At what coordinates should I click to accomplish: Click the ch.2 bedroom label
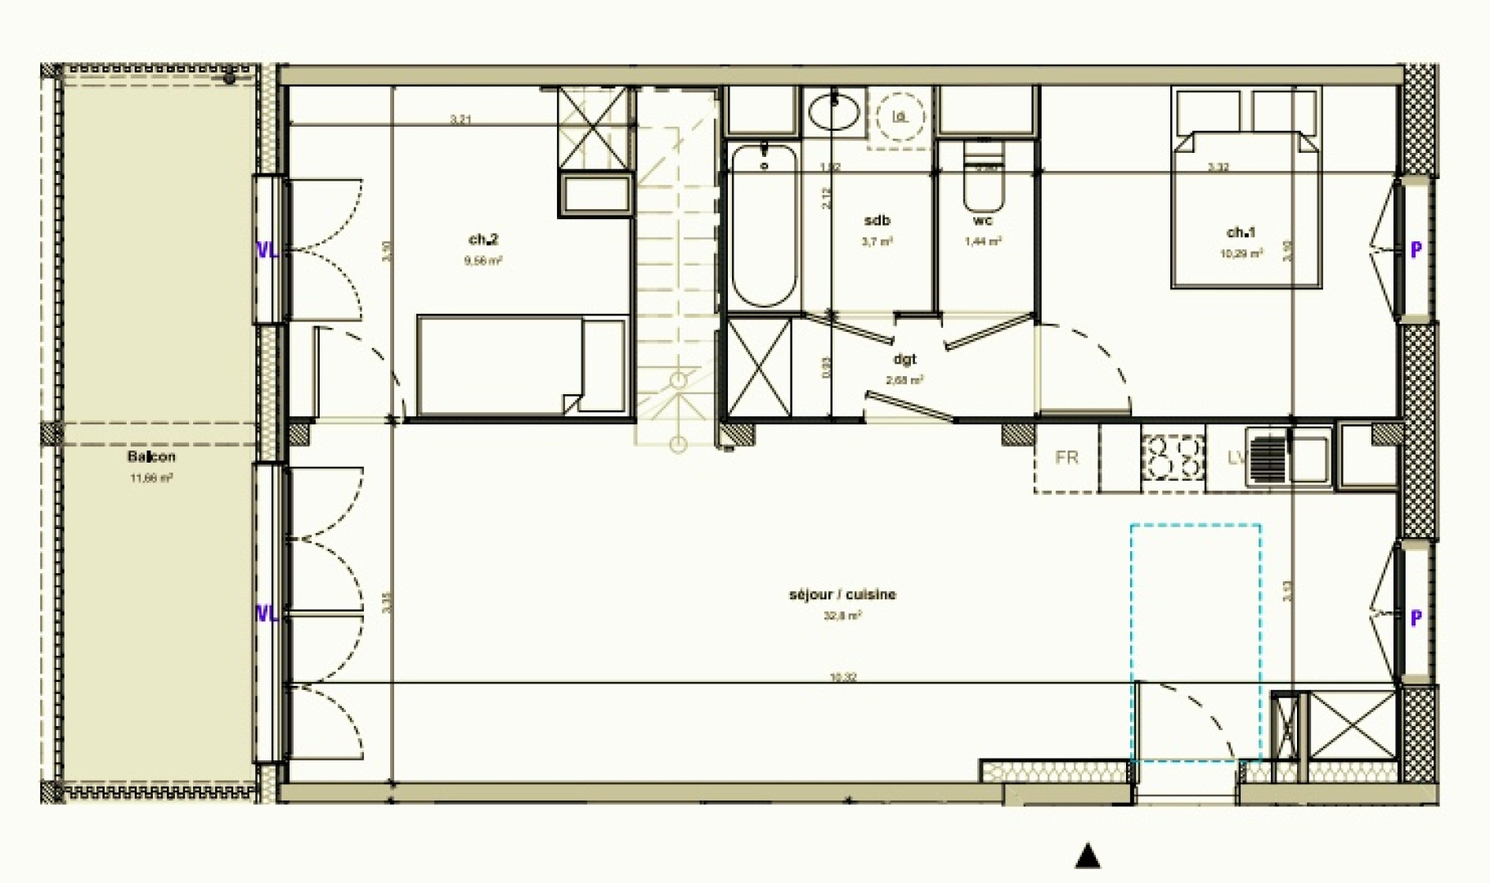(x=482, y=240)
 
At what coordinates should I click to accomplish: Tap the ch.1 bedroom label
(x=1241, y=232)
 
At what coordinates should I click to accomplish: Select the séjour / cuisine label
(x=842, y=594)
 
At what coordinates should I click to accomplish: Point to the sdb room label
(x=877, y=221)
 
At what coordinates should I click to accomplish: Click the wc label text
(x=982, y=221)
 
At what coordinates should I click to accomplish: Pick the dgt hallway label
(x=904, y=359)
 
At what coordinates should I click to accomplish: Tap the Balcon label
(x=151, y=457)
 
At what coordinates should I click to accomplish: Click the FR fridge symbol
(x=1066, y=458)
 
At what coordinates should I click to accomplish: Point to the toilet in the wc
(x=982, y=180)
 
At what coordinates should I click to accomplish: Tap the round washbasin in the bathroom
(x=833, y=112)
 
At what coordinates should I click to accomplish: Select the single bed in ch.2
(x=522, y=365)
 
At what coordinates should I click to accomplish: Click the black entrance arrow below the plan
(x=1087, y=856)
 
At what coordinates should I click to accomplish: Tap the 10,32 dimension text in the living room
(x=843, y=677)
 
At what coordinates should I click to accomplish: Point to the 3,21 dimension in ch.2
(x=460, y=119)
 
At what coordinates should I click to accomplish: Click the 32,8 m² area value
(x=842, y=616)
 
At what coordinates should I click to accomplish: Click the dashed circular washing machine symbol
(x=900, y=117)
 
